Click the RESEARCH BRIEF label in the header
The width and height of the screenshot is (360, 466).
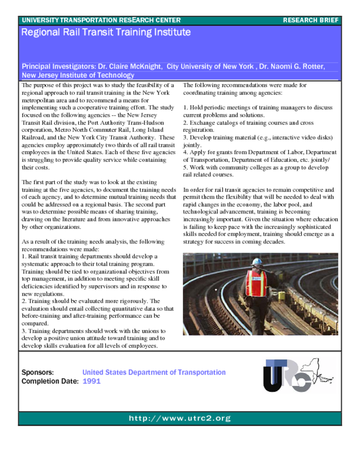pos(310,20)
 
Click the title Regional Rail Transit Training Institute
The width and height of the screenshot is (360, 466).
pos(106,32)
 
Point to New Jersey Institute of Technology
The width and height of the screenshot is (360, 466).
pos(78,75)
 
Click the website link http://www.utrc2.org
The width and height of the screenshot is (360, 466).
pos(180,418)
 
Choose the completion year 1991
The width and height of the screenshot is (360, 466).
pos(91,381)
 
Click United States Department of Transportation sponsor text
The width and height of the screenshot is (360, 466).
pos(154,372)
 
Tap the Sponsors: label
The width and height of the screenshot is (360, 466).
pos(38,372)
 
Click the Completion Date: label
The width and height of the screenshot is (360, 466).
pos(50,381)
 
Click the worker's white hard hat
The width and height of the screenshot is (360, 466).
pos(257,262)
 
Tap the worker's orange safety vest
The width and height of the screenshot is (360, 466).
pos(256,283)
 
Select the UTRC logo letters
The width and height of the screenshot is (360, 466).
pos(284,375)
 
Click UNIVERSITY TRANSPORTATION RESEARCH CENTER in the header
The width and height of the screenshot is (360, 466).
pos(101,20)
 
